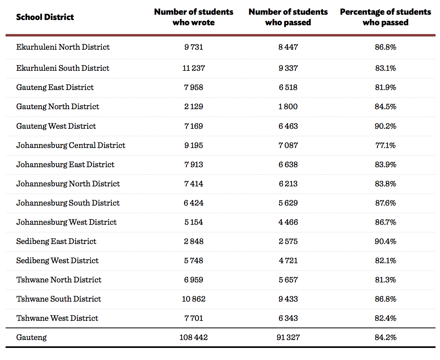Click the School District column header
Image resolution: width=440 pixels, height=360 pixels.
(x=45, y=17)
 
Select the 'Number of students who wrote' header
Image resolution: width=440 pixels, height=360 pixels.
(x=193, y=17)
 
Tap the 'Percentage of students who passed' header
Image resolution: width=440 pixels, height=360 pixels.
(x=385, y=17)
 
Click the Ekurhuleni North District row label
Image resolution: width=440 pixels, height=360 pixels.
(x=63, y=47)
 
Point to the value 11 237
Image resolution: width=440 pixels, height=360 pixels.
(x=193, y=68)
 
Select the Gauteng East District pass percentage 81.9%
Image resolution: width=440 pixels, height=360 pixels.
(x=385, y=87)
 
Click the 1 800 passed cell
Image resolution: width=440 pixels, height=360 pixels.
(x=288, y=107)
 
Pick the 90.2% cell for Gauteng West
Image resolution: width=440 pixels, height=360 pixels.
(x=385, y=126)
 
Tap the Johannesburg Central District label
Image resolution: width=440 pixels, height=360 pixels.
(x=71, y=145)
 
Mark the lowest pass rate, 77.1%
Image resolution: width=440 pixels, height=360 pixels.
(x=385, y=145)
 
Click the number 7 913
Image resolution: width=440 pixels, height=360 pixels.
(x=193, y=165)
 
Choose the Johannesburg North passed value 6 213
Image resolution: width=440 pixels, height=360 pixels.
(x=288, y=184)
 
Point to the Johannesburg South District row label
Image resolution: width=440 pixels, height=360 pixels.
(x=68, y=203)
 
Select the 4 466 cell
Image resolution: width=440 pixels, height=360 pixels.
(x=288, y=222)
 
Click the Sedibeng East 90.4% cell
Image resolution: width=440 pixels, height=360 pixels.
(x=385, y=241)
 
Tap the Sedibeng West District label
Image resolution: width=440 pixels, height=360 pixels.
(x=57, y=261)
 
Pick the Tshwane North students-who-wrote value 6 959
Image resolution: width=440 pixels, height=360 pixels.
(x=193, y=280)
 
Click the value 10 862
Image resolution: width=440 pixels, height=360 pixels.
(x=193, y=299)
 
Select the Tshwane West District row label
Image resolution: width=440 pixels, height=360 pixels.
(x=57, y=318)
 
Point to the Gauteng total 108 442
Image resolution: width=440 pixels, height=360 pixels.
(x=193, y=337)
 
